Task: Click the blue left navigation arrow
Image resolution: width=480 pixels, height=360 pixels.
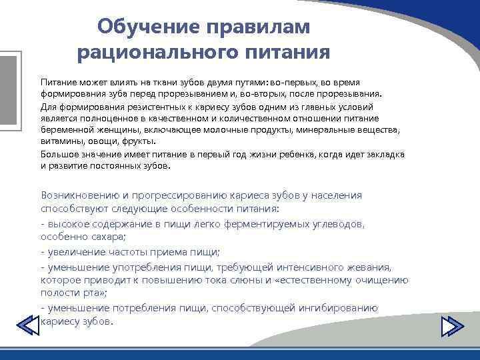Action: coord(27,325)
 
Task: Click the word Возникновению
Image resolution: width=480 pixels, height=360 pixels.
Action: coord(81,195)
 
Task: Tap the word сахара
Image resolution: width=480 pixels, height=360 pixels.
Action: coord(110,237)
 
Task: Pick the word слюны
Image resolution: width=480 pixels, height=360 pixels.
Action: coord(254,280)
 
